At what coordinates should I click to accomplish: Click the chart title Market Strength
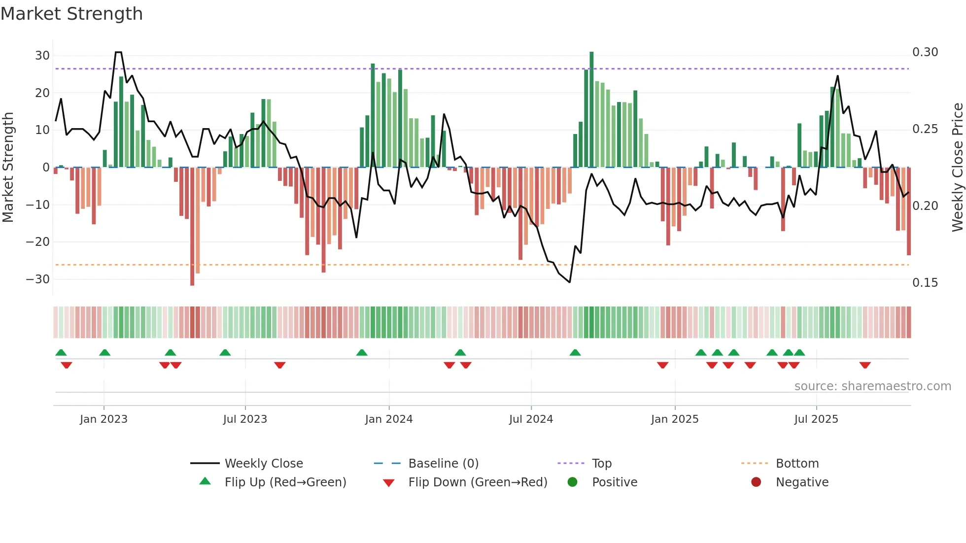tap(71, 14)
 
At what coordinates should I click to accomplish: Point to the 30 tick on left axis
tap(42, 56)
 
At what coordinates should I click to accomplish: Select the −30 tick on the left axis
tap(38, 279)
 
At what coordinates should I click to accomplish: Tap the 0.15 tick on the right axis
tap(925, 283)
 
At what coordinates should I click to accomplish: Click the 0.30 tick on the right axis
tap(925, 52)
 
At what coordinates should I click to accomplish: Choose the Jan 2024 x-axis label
tap(388, 419)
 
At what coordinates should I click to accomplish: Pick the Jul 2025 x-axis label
tap(816, 419)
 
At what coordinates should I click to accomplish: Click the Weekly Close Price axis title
tap(957, 167)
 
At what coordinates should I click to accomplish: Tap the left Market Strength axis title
tap(8, 167)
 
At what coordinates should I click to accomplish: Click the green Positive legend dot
tap(572, 482)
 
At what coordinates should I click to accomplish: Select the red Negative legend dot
tap(756, 482)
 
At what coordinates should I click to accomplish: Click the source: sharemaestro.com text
tap(872, 386)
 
